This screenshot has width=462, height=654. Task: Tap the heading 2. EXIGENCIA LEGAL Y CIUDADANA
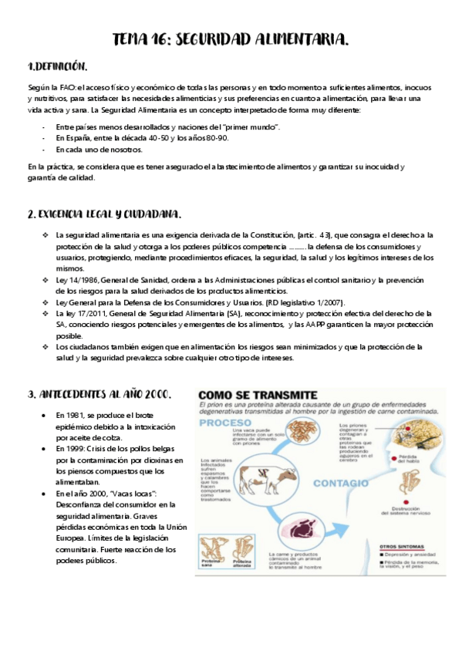pyautogui.click(x=104, y=213)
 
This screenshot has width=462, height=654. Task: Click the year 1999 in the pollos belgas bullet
pyautogui.click(x=77, y=449)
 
